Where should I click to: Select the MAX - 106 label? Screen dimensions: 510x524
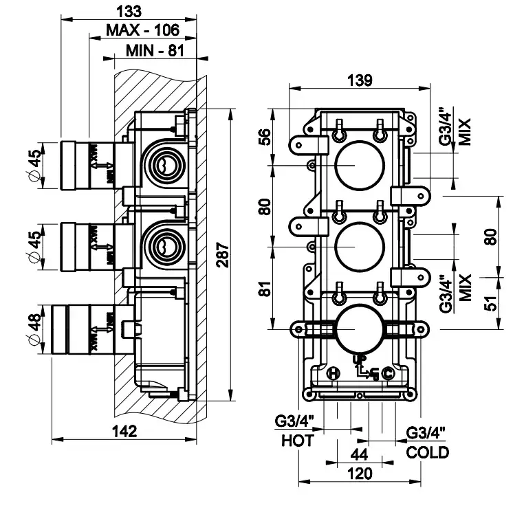tap(142, 30)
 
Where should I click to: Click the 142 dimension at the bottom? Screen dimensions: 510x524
tap(125, 431)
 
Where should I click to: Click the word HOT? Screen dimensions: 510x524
tap(296, 441)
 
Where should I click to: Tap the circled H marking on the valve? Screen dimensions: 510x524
tap(334, 373)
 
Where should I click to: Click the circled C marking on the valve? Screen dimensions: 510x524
tap(387, 374)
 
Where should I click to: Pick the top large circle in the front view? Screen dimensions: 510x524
tap(357, 165)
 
